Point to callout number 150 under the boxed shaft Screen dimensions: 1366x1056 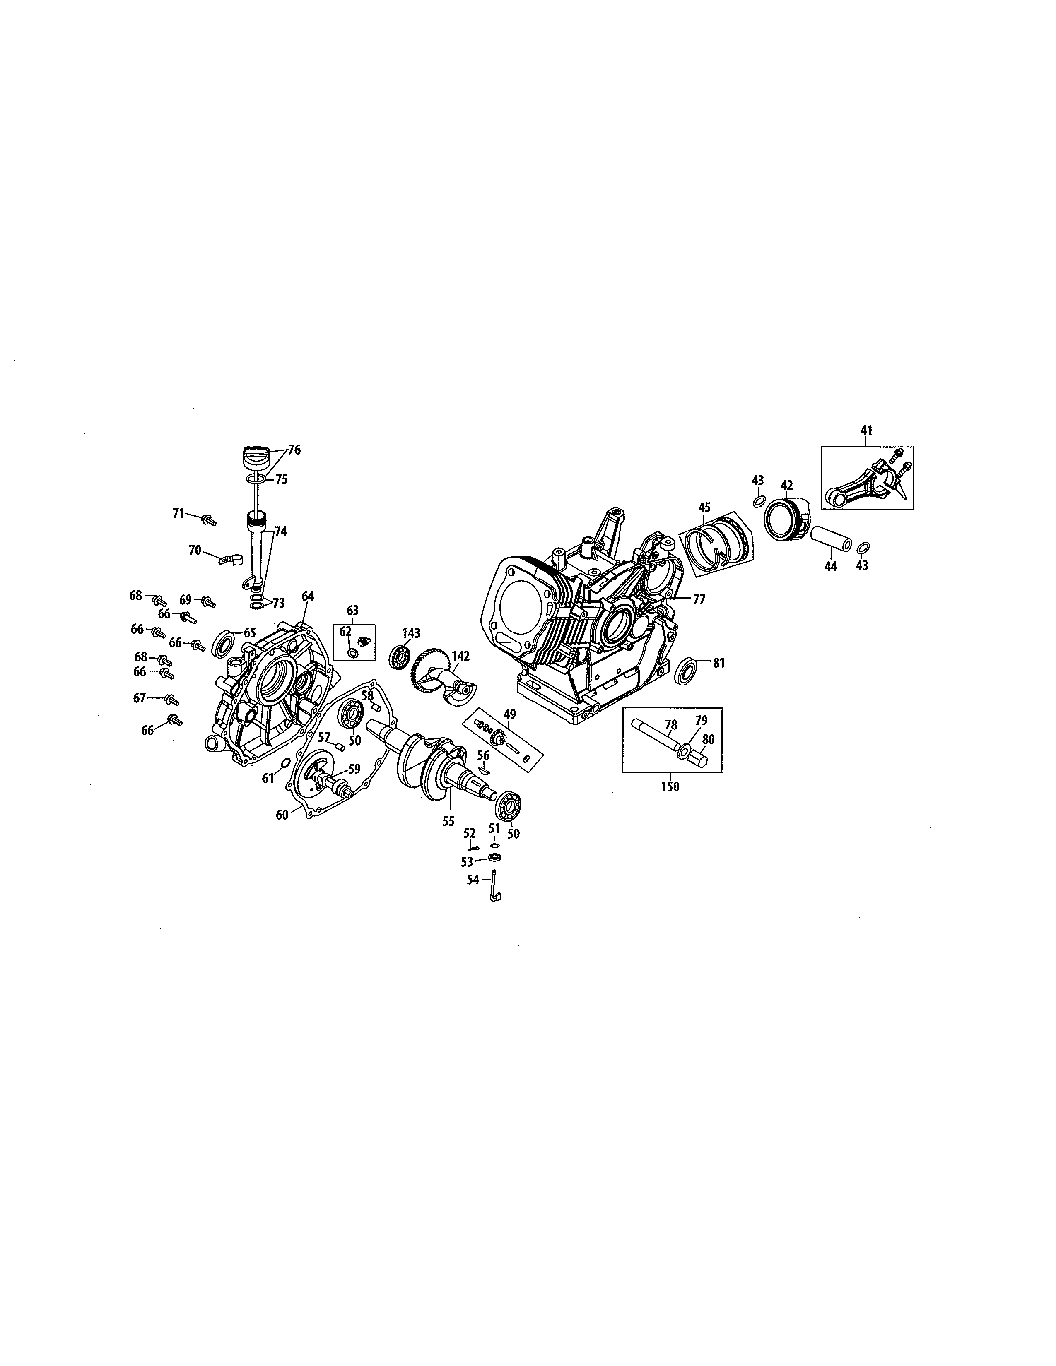[x=670, y=787]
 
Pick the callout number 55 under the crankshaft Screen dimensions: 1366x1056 [x=448, y=821]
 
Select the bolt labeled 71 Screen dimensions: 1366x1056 [x=209, y=519]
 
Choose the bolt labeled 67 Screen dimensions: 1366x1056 [x=170, y=699]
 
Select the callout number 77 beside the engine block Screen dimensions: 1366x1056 [x=698, y=599]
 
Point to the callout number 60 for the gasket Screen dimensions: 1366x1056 [x=282, y=814]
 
